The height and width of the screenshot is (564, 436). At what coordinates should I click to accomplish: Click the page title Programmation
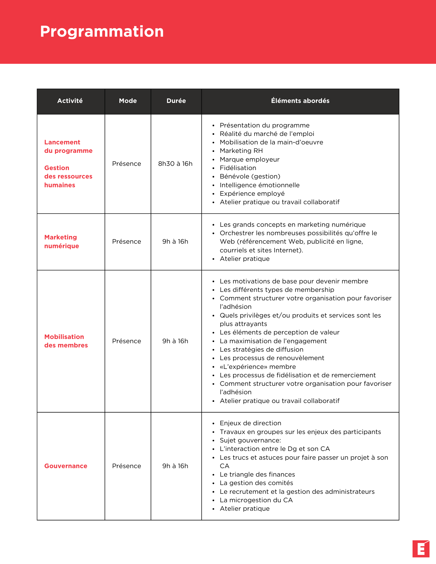[102, 31]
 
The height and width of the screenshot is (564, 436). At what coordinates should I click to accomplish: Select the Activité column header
[70, 101]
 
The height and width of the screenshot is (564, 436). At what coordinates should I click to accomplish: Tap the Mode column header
[128, 101]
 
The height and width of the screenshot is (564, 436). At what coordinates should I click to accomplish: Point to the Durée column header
[176, 101]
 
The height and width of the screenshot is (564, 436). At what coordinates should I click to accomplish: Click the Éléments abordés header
[300, 101]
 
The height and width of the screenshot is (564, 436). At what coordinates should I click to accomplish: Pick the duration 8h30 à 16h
[175, 164]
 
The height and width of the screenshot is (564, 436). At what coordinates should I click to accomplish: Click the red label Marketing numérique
[62, 242]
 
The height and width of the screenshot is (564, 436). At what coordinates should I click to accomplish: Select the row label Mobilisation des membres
[66, 341]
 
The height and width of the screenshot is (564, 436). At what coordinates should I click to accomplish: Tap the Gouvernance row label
[66, 466]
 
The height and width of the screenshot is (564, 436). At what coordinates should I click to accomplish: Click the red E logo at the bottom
[421, 549]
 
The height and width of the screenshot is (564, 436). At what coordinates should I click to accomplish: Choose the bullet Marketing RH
[241, 151]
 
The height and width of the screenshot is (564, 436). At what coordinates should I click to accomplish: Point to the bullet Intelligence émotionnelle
[260, 185]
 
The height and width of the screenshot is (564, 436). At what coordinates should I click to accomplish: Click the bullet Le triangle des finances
[257, 475]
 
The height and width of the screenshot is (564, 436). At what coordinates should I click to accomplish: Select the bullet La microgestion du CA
[256, 500]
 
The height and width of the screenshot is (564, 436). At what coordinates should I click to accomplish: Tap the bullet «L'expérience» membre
[258, 367]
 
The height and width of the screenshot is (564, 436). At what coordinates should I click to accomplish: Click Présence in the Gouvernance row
[126, 466]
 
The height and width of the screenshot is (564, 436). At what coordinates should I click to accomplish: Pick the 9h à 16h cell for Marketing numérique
[175, 242]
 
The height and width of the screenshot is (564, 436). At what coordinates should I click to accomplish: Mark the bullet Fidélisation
[238, 168]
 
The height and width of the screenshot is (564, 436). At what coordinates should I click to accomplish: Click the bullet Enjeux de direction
[250, 423]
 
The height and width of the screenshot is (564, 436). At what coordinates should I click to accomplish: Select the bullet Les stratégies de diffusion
[262, 350]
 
